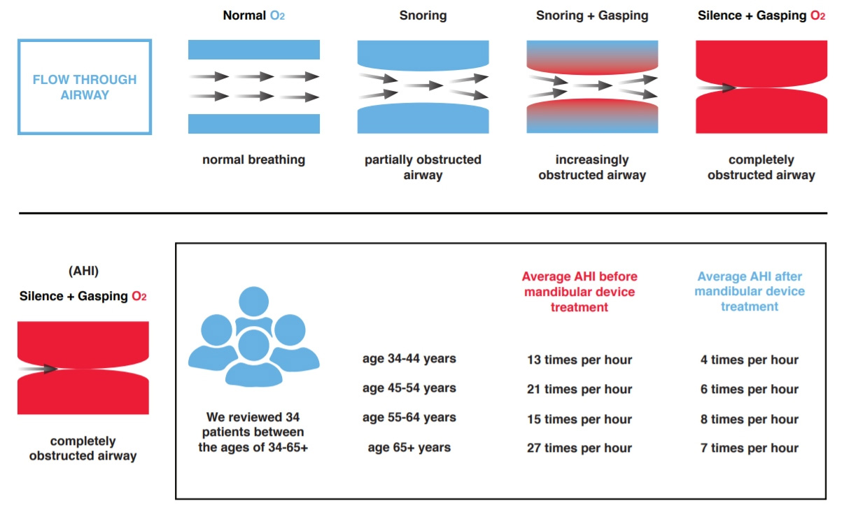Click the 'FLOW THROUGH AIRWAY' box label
pyautogui.click(x=85, y=87)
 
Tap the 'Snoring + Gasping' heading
pyautogui.click(x=592, y=15)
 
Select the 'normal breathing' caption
pyautogui.click(x=253, y=160)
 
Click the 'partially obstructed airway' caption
pyautogui.click(x=423, y=167)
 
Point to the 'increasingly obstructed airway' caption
pyautogui.click(x=592, y=167)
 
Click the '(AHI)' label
pyautogui.click(x=83, y=271)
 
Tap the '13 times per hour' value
pyautogui.click(x=579, y=360)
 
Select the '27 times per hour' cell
pyautogui.click(x=579, y=448)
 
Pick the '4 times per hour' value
pyautogui.click(x=750, y=360)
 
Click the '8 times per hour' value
pyautogui.click(x=750, y=419)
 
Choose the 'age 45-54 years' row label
pyautogui.click(x=409, y=388)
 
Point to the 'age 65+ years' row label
pyautogui.click(x=409, y=447)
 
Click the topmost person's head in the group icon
pyautogui.click(x=253, y=301)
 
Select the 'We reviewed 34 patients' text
pyautogui.click(x=253, y=432)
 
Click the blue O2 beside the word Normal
pyautogui.click(x=277, y=15)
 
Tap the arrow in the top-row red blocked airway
pyautogui.click(x=715, y=88)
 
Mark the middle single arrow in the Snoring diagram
pyautogui.click(x=423, y=85)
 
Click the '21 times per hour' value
pyautogui.click(x=579, y=390)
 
